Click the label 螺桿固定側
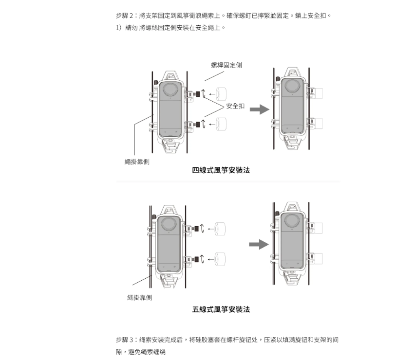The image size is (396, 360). (226, 65)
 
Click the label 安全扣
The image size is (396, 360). (235, 106)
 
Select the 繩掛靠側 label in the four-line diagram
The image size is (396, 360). (137, 162)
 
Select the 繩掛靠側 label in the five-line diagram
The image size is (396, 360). (139, 297)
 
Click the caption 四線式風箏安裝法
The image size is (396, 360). (221, 170)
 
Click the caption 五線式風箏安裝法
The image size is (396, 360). (221, 309)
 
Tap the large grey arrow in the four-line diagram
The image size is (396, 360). (259, 109)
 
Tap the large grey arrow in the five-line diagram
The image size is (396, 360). (259, 244)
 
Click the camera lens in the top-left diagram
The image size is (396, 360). (170, 90)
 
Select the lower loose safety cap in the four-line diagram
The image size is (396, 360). (222, 124)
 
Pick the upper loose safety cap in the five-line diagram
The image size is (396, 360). (222, 228)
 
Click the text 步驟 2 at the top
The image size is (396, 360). (125, 16)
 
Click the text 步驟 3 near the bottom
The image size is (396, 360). (125, 340)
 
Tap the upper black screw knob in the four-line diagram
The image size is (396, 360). (198, 93)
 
